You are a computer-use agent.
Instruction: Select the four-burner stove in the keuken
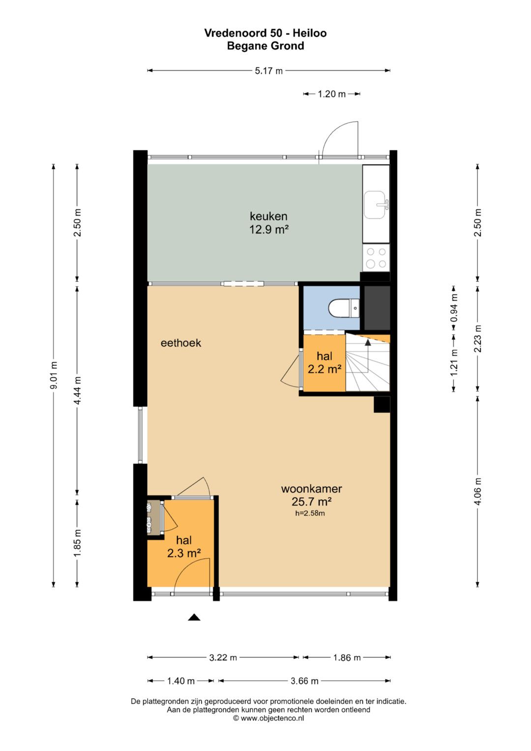[x=376, y=258]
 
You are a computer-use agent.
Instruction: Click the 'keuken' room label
[x=268, y=216]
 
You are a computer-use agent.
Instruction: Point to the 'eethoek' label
[x=181, y=343]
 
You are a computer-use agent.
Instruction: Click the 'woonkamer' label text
[x=311, y=488]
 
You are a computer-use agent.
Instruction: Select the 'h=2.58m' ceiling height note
[x=310, y=513]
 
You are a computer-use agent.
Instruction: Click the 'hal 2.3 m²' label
[x=184, y=547]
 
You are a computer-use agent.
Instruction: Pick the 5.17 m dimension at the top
[x=268, y=71]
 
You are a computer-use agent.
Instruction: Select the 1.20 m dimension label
[x=331, y=94]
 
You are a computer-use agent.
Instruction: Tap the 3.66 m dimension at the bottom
[x=304, y=681]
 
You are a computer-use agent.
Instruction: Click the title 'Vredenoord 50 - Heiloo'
[x=265, y=33]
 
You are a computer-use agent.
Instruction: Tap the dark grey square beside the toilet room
[x=377, y=308]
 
